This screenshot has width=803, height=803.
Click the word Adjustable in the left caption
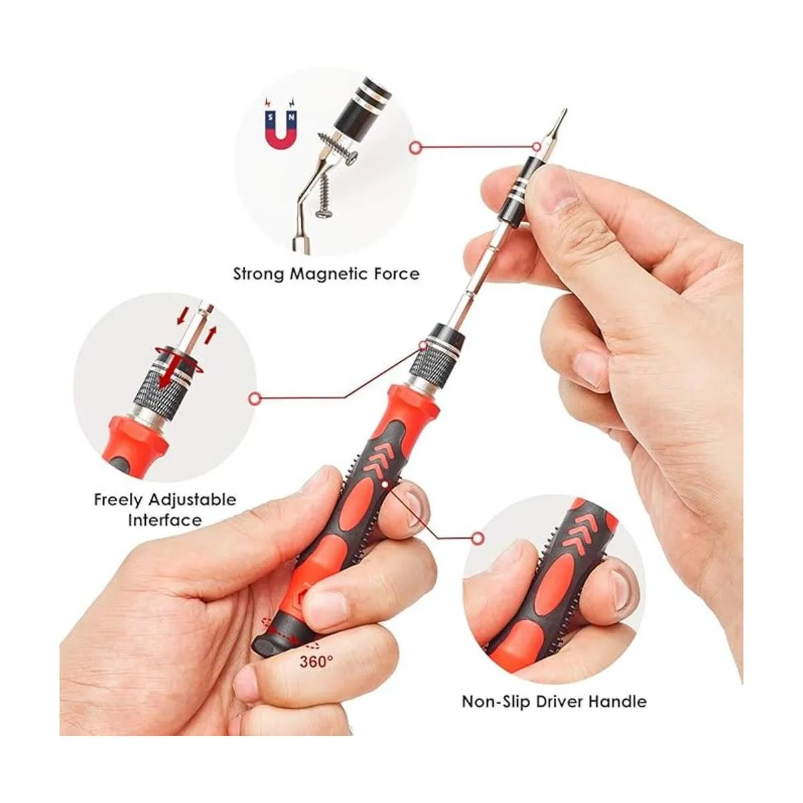(x=193, y=501)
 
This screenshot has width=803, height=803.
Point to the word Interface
(x=165, y=521)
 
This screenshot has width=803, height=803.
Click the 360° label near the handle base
(x=317, y=661)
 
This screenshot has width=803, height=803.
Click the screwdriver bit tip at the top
(x=564, y=111)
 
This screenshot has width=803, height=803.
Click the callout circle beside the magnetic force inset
(x=415, y=147)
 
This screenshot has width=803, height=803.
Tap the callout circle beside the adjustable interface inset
(x=254, y=399)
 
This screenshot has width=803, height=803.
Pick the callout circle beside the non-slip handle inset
(x=478, y=538)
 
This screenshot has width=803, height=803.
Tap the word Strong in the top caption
(x=259, y=274)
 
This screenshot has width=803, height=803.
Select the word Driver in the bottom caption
(x=559, y=702)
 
